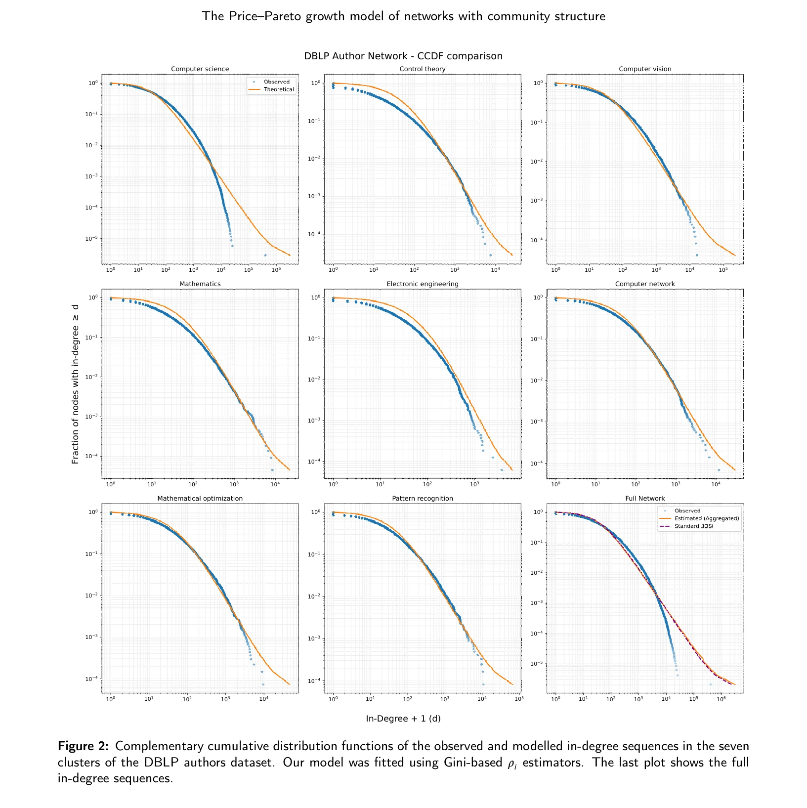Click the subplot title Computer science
[200, 69]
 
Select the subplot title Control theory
[423, 69]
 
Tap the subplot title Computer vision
[645, 69]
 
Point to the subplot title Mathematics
[200, 284]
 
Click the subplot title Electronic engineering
[423, 284]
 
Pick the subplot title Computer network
[645, 284]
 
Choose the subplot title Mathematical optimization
[200, 499]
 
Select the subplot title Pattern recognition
[423, 499]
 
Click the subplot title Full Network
[645, 499]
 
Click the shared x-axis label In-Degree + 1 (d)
[403, 719]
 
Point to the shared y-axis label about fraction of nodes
[76, 384]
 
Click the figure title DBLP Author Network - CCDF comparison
[403, 56]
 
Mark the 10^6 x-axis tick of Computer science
[276, 270]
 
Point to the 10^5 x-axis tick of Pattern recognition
[518, 699]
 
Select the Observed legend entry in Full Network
[687, 511]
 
